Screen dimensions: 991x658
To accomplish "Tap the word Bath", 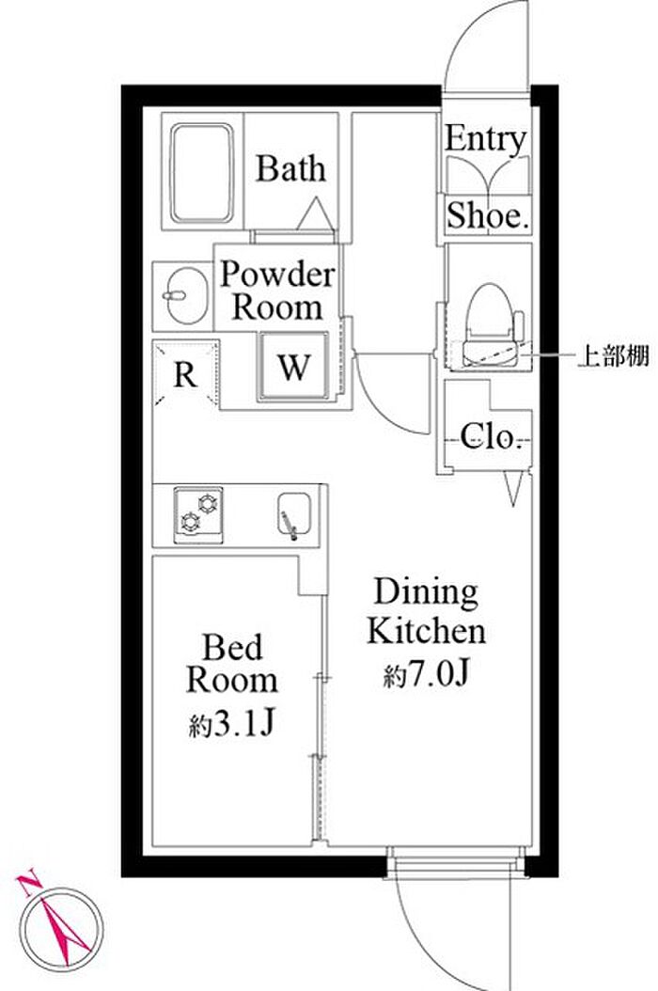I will point(291,169).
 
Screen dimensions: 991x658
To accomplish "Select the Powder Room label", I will point(277,291).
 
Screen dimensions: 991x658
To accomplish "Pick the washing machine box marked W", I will point(293,368).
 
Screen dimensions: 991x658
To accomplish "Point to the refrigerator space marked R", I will point(186,375).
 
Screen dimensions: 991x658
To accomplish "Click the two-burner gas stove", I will point(198,514).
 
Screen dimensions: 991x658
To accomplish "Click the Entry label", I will point(485,140).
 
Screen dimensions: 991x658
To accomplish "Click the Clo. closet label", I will point(490,437).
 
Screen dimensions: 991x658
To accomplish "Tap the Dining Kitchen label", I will point(426,612).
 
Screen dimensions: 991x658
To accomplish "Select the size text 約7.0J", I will point(425,675).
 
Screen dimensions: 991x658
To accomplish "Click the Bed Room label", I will point(231,664).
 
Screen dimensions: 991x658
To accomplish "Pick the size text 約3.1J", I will point(231,725).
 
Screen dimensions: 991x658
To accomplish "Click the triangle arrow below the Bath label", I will point(315,213).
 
